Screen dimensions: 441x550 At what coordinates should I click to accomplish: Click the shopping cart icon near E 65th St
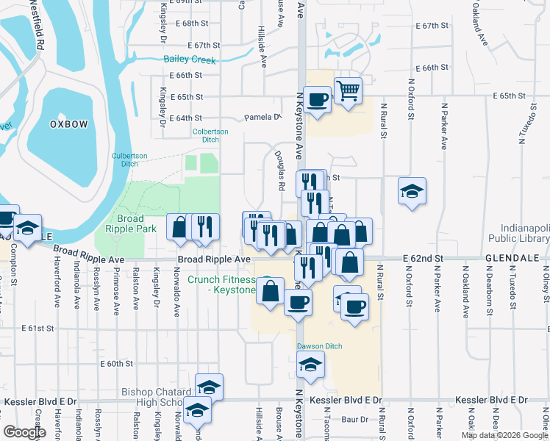click(x=349, y=90)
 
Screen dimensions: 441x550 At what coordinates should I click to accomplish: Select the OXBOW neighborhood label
click(x=68, y=124)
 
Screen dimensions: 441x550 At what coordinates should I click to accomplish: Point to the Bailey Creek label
click(x=189, y=60)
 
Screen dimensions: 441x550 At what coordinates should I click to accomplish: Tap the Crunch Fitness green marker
click(x=268, y=281)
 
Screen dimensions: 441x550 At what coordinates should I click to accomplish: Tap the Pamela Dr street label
click(x=262, y=117)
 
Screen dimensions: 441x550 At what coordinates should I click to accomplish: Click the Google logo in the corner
click(x=25, y=432)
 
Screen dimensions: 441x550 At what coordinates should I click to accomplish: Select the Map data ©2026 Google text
click(x=504, y=435)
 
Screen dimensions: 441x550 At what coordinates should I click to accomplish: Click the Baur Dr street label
click(x=354, y=419)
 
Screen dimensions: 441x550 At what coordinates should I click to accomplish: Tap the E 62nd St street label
click(x=425, y=259)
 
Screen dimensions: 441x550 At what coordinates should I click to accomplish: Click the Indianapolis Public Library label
click(x=525, y=234)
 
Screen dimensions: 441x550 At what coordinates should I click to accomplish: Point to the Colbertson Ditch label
click(x=210, y=135)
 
